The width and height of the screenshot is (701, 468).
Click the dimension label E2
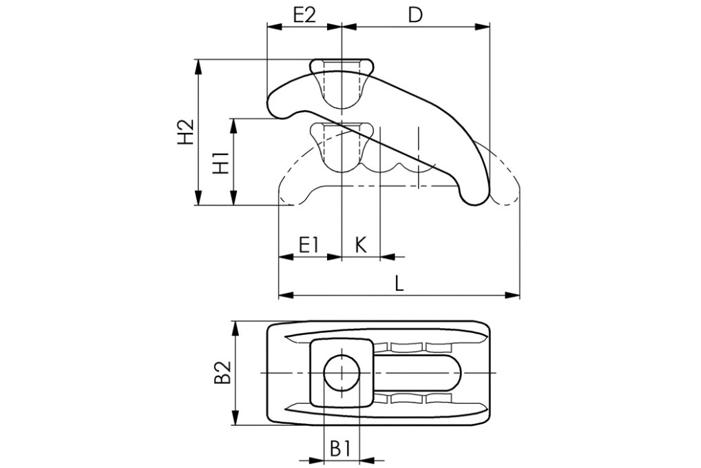click(304, 14)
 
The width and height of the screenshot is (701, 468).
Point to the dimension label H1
click(220, 163)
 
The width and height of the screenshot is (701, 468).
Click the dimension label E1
click(309, 244)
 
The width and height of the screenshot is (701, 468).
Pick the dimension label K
click(361, 244)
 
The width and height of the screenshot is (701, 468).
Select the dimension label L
click(399, 283)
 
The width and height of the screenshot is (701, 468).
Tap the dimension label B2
click(222, 373)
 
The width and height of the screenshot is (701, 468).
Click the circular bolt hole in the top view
click(341, 373)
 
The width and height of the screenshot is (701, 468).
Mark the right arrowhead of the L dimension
click(514, 296)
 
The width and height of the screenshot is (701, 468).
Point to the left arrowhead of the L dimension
click(284, 296)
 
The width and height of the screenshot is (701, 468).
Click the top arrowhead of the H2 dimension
click(199, 65)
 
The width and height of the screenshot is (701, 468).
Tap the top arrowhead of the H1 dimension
click(234, 124)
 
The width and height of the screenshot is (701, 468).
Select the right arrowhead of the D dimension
click(483, 28)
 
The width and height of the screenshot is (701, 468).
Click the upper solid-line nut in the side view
click(342, 83)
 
